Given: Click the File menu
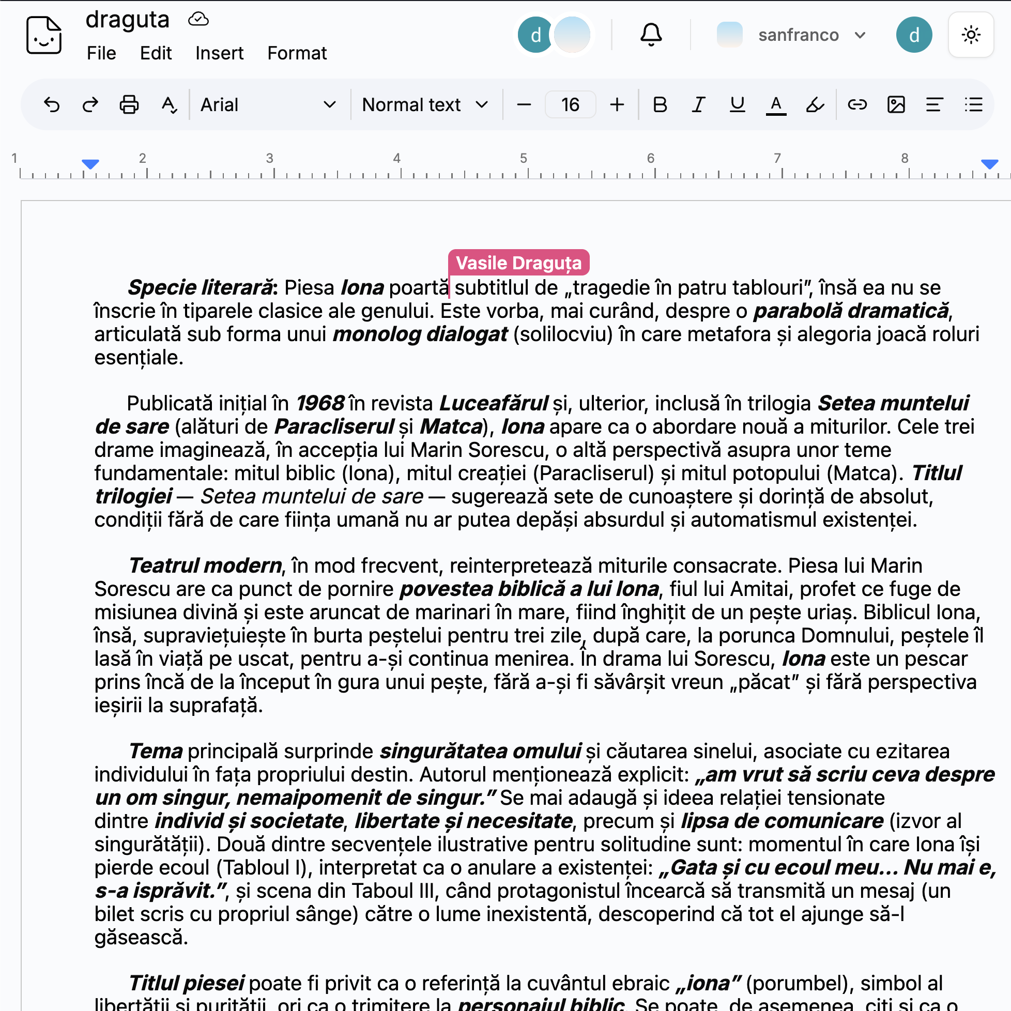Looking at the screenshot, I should tap(101, 53).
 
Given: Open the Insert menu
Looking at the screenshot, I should tap(219, 53).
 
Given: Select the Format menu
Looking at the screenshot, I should tap(297, 53).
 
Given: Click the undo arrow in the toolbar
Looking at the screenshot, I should tap(52, 104).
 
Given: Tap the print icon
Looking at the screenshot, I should tap(129, 104).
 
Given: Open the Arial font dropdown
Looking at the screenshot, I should tap(267, 104).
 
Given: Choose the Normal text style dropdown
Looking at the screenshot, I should tap(424, 104).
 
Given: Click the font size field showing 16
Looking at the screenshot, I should tap(570, 104).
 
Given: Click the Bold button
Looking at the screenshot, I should tap(660, 104).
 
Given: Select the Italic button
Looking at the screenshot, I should tap(699, 104).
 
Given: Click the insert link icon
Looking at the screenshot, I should tap(857, 104).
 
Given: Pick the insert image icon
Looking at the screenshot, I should tap(896, 104).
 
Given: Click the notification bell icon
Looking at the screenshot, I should tap(651, 35).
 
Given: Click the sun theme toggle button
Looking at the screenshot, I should tap(971, 35).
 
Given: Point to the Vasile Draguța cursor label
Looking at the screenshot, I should tap(518, 263).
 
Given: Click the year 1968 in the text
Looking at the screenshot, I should tap(320, 404).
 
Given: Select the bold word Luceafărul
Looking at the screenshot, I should tap(494, 404).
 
